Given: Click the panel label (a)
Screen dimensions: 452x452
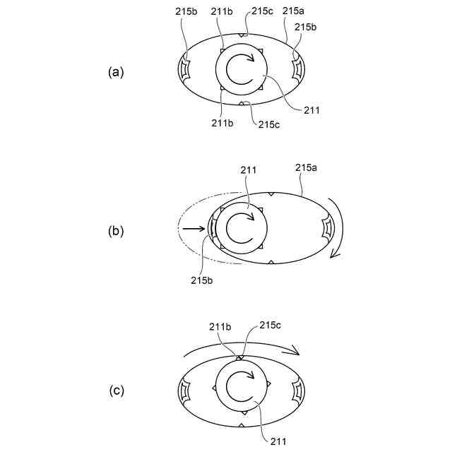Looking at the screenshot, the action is pos(116,72).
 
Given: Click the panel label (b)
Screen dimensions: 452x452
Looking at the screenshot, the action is pos(116,230).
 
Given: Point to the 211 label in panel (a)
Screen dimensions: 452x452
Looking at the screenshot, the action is pos(311,109).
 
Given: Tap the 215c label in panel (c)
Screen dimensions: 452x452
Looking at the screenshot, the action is pos(270,326).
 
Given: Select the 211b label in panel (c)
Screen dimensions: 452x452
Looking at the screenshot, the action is pos(220,326).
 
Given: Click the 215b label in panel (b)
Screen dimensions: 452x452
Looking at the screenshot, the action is pos(203,280).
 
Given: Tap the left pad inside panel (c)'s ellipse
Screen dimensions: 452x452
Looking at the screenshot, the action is pos(186,390).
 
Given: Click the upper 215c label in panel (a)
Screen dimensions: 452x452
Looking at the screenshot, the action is pos(261,12).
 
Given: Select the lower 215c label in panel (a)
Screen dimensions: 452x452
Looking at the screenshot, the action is pos(270,124).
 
